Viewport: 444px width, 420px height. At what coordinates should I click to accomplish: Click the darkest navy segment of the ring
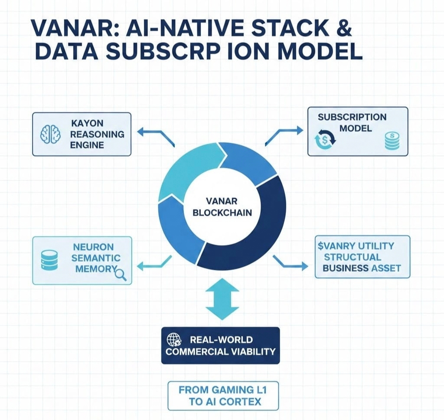256,230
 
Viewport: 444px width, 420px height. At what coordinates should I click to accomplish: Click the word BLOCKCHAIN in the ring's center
222,213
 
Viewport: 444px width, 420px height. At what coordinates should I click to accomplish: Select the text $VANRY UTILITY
356,246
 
